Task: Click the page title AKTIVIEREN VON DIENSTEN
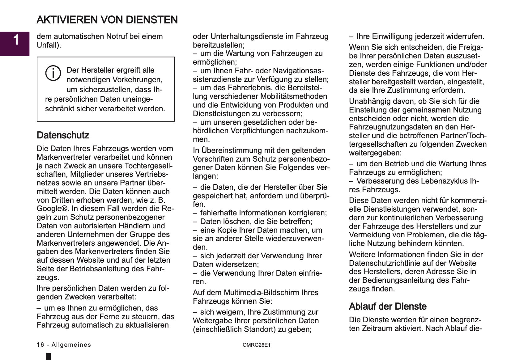pos(107,20)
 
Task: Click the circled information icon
pos(53,73)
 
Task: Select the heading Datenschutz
pos(63,135)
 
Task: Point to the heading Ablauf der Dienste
pos(388,307)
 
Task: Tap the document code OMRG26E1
pos(256,345)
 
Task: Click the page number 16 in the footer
pos(40,345)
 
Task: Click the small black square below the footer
pos(48,357)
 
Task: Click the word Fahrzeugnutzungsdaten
pos(395,127)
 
